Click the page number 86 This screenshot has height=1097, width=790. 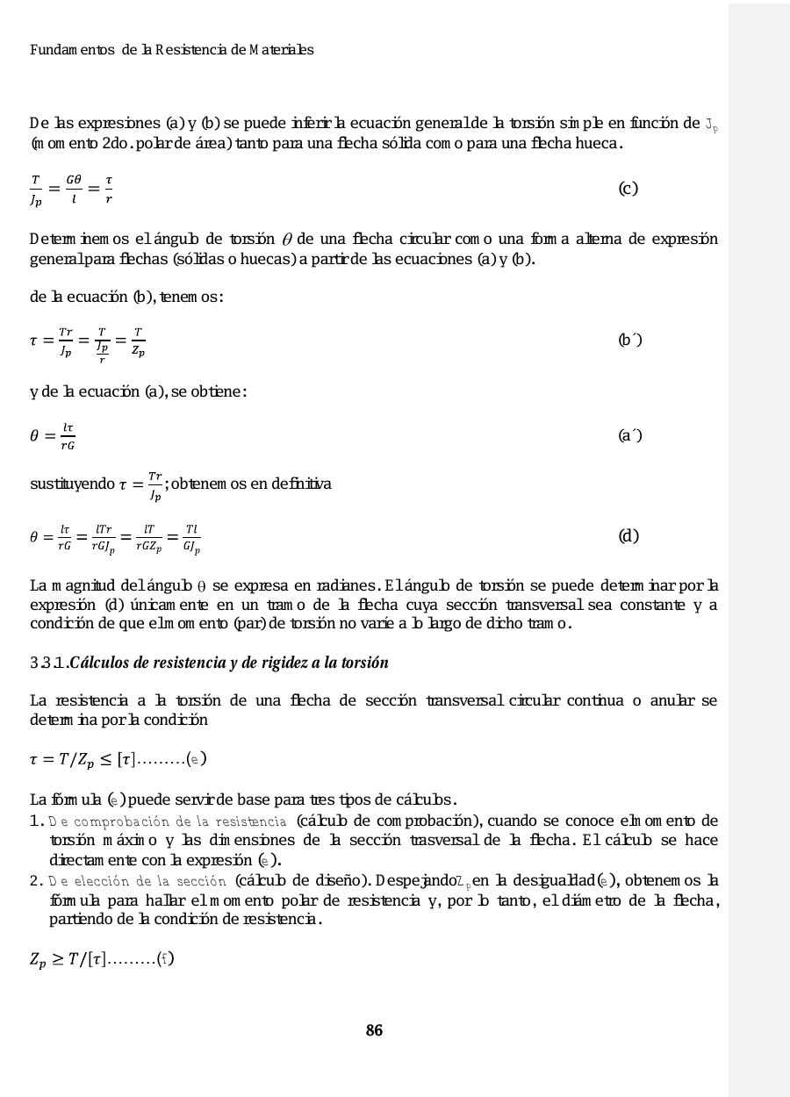(374, 1030)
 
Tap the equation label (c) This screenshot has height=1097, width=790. (628, 189)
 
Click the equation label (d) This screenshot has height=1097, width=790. (628, 535)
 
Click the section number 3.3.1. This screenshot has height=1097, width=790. (48, 663)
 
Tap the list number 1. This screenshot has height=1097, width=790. (36, 821)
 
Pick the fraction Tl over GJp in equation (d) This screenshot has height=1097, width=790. (191, 536)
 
